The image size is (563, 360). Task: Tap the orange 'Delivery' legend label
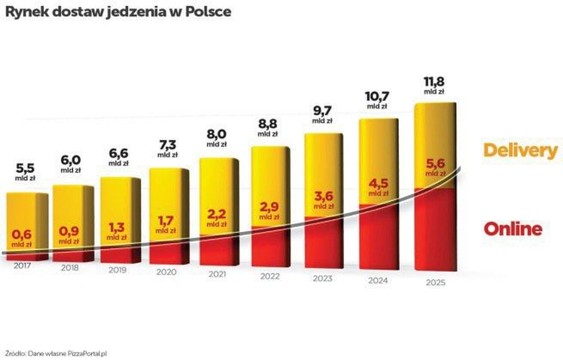(x=520, y=149)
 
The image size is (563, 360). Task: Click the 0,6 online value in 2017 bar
(x=21, y=232)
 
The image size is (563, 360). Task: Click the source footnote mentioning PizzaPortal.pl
(x=59, y=351)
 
